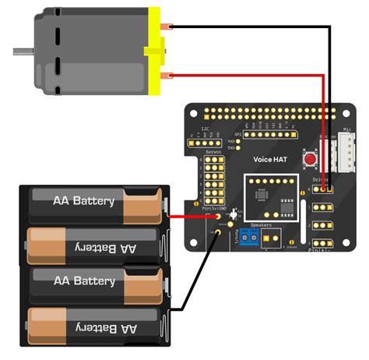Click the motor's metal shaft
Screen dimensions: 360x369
point(22,52)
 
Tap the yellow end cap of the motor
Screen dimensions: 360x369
point(155,51)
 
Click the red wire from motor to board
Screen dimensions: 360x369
point(249,76)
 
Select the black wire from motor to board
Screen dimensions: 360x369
point(249,26)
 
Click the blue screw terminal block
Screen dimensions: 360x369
point(248,239)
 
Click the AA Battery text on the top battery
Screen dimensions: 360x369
point(83,201)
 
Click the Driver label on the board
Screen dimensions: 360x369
point(321,178)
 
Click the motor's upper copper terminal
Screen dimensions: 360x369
point(166,26)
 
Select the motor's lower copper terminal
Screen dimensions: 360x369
point(166,76)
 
